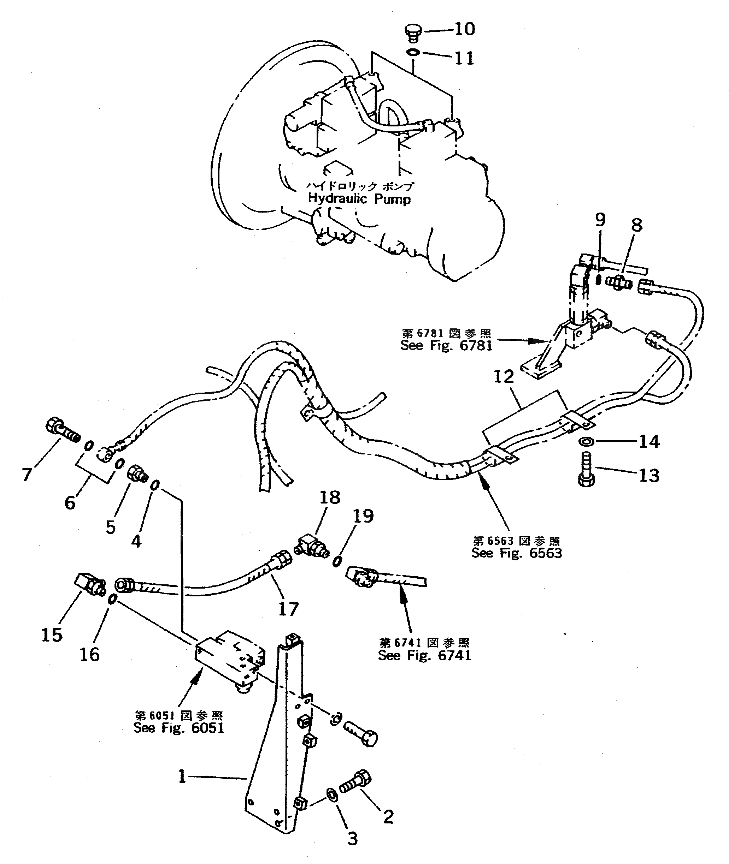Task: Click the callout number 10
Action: [465, 29]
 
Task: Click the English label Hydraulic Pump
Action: [359, 199]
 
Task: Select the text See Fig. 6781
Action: [446, 345]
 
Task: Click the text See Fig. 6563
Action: [517, 553]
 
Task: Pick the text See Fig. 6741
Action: [424, 655]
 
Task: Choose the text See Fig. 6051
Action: [179, 728]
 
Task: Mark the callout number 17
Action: [288, 609]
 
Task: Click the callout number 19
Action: [363, 516]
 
